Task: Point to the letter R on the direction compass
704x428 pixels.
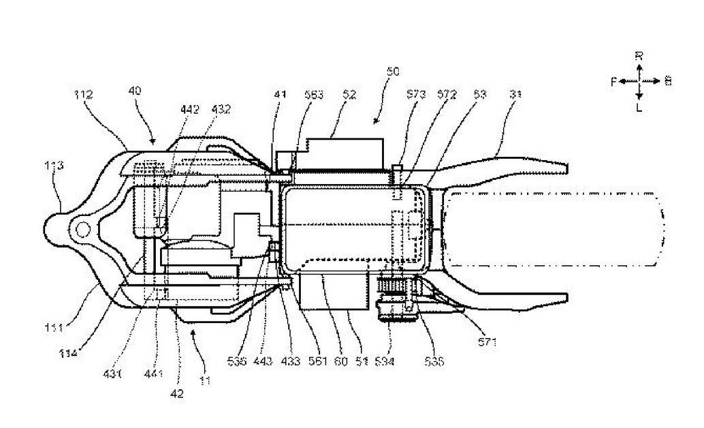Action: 639,56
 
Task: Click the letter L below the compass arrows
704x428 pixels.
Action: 639,107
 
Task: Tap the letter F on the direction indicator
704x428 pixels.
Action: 613,81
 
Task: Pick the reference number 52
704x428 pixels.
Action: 349,96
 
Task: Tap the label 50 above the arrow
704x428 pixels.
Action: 393,70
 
